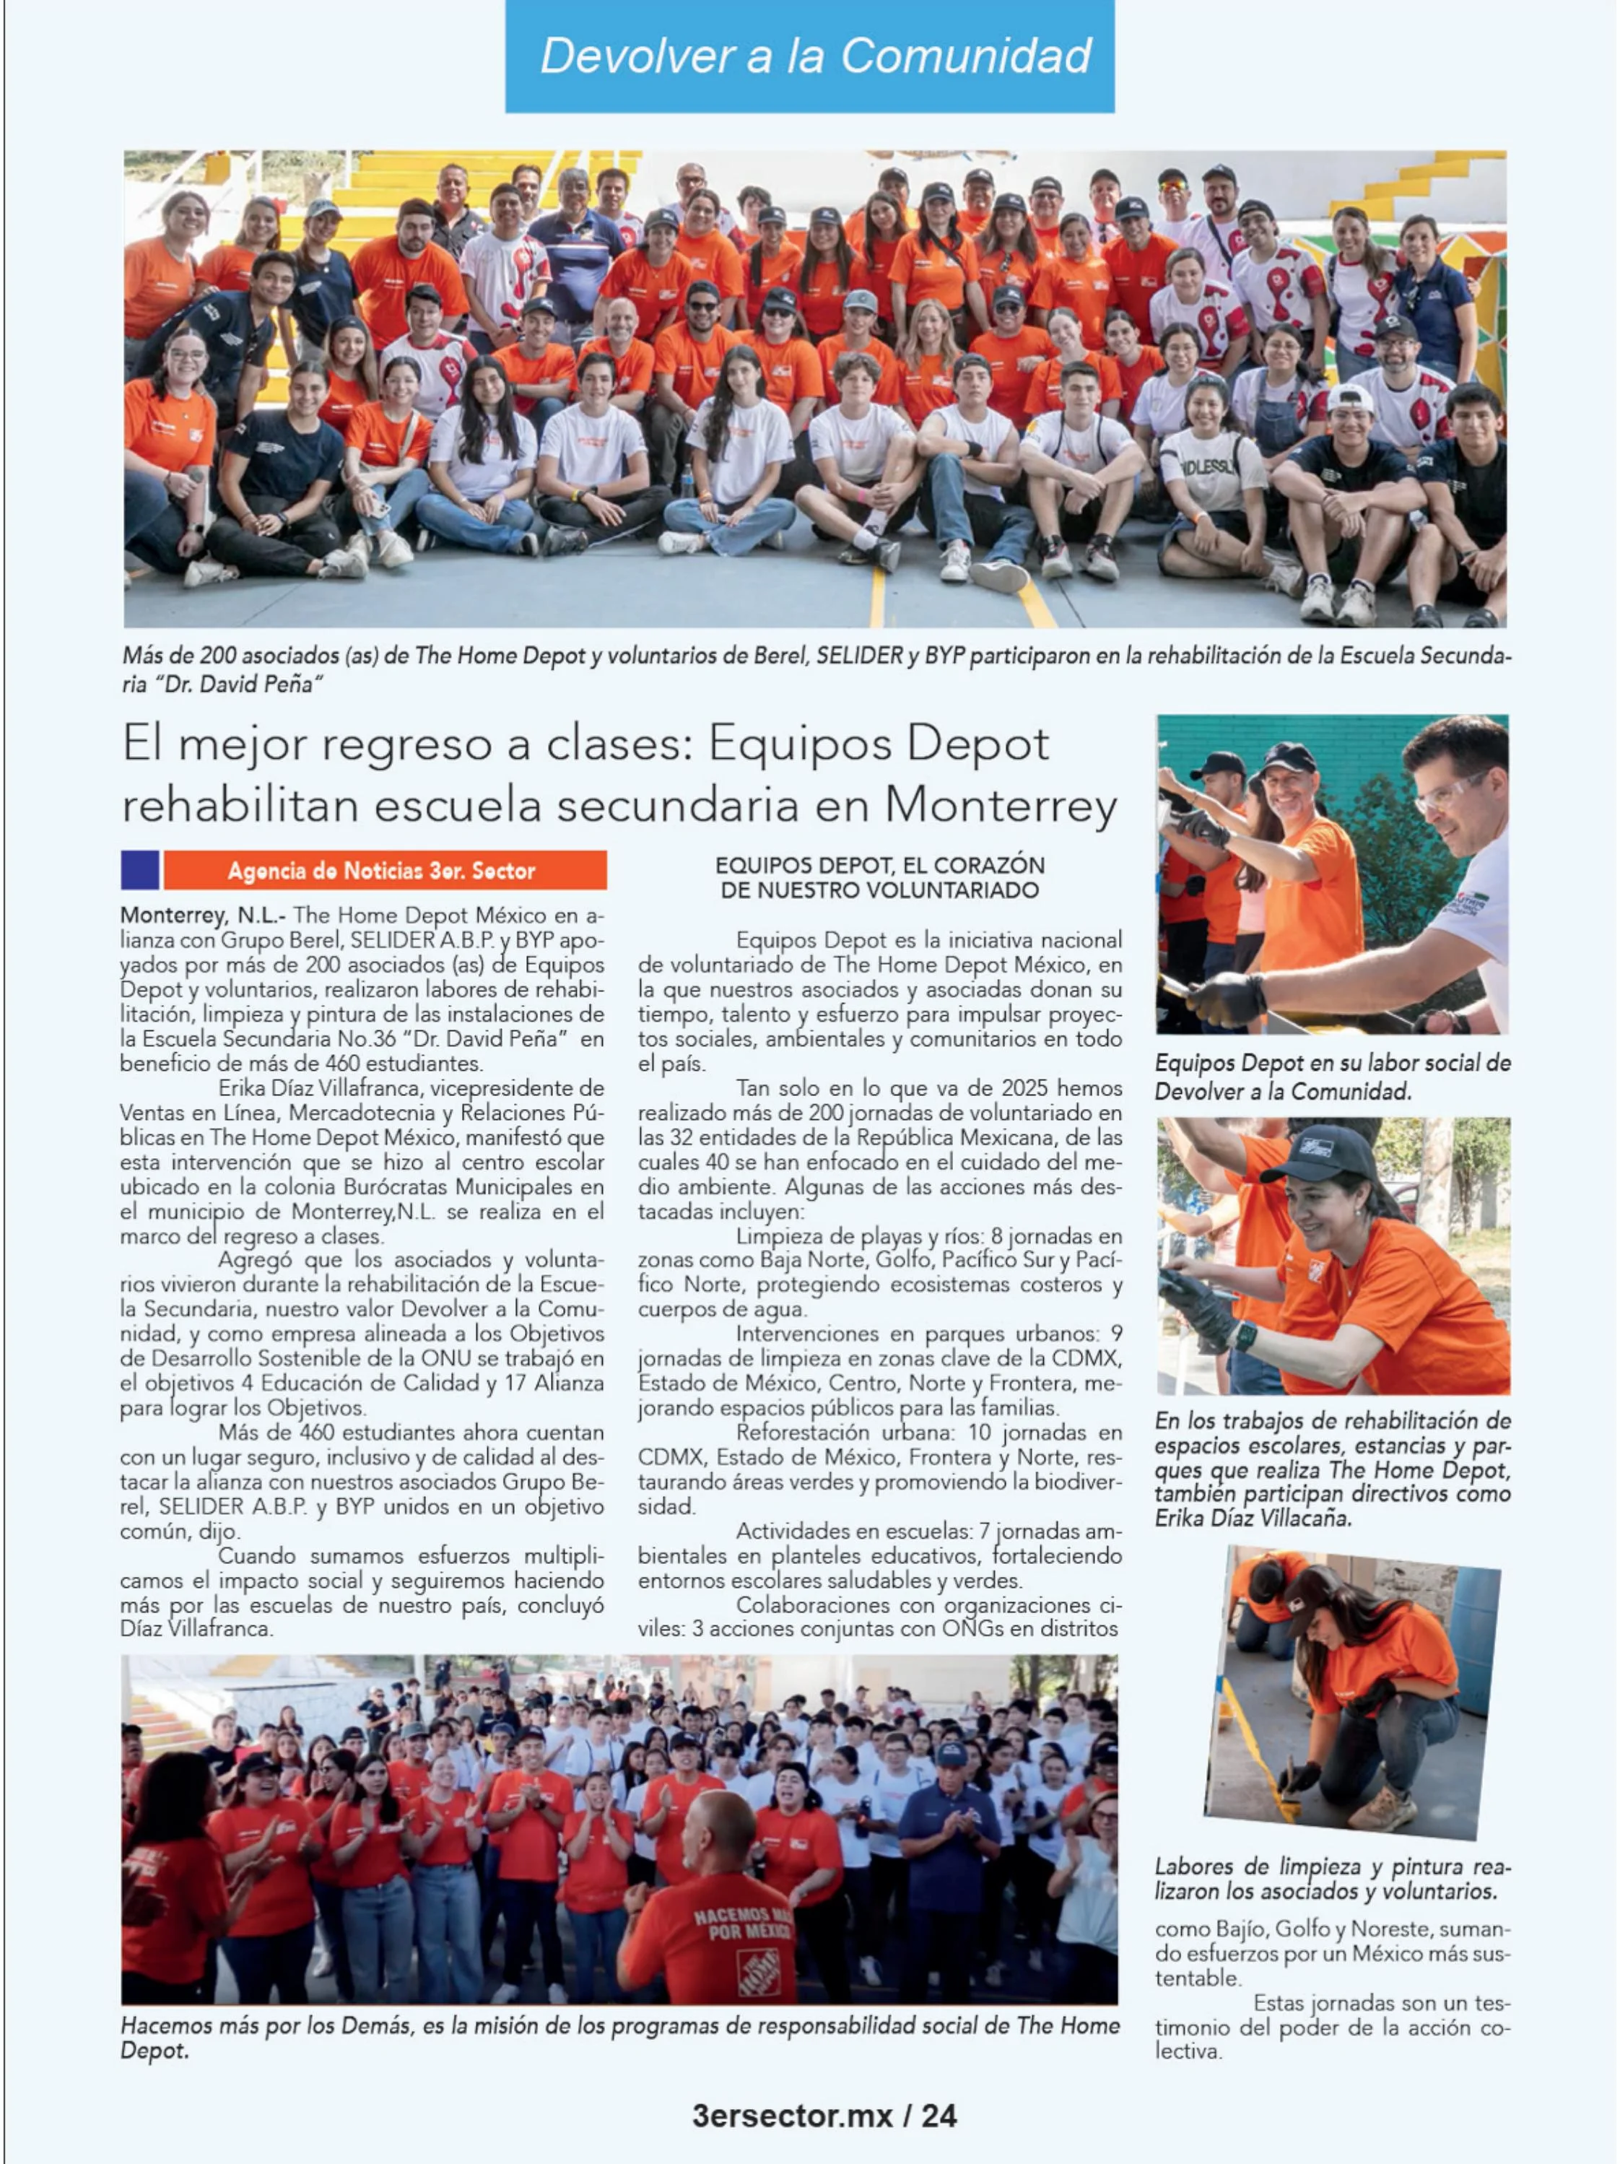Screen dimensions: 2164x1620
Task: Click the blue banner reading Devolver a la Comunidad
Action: (x=809, y=56)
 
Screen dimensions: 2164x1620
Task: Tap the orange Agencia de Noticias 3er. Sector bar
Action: (x=383, y=869)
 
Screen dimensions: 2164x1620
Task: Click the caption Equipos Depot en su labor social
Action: (x=1333, y=1076)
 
